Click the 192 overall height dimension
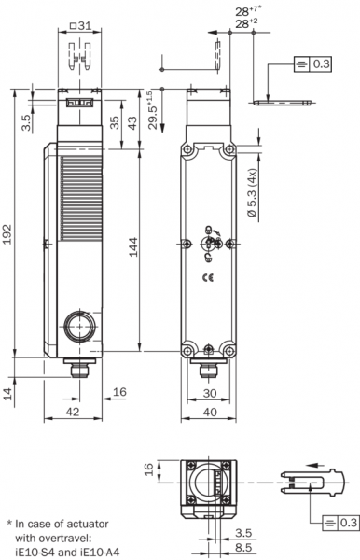pos(7,234)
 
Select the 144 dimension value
pos(133,246)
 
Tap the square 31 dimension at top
pos(80,26)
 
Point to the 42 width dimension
pos(73,412)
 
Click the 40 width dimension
pos(210,412)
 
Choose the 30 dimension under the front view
pos(210,393)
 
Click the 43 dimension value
pos(132,123)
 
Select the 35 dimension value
pos(114,123)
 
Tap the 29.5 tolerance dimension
pos(151,110)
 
